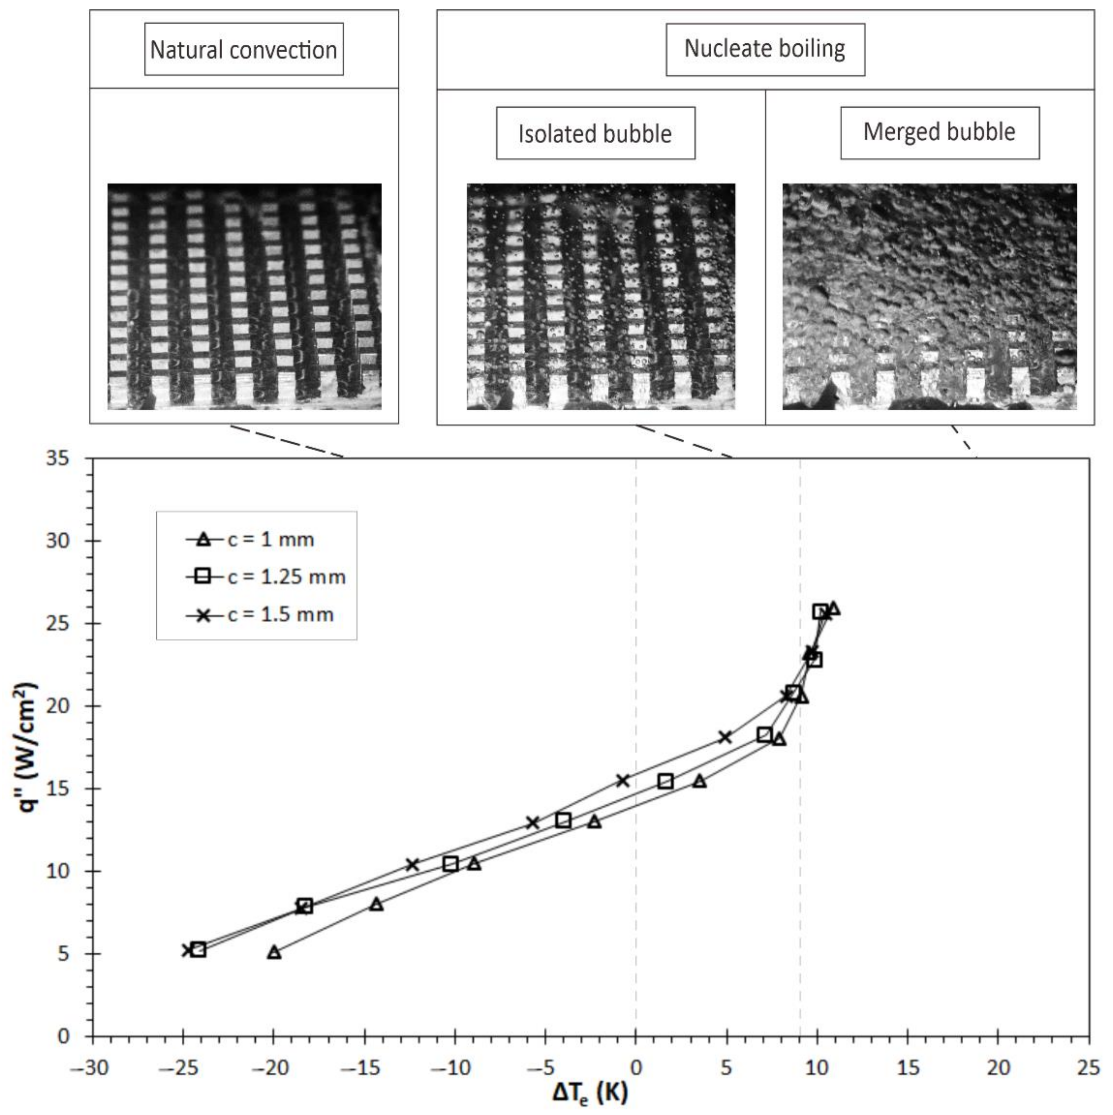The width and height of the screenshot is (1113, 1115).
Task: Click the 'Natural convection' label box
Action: click(244, 50)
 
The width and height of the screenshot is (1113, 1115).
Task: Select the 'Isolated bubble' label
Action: click(595, 133)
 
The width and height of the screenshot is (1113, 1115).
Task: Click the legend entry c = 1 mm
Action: click(270, 540)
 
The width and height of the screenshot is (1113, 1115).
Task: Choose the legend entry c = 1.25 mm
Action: click(286, 577)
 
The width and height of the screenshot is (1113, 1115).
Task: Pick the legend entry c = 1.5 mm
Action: click(280, 614)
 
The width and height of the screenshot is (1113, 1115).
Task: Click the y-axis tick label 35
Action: click(57, 459)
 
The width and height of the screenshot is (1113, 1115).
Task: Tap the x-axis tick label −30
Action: click(90, 1068)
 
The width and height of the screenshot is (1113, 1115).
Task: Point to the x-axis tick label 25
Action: click(1088, 1068)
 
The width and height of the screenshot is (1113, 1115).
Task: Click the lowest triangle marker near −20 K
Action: click(274, 952)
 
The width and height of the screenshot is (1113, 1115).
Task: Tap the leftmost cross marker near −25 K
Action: click(187, 949)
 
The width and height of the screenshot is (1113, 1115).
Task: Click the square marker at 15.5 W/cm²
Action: click(665, 781)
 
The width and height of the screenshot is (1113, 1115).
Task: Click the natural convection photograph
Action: click(244, 297)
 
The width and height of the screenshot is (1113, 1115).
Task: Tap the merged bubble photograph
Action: click(929, 297)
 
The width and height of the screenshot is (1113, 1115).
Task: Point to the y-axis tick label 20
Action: click(57, 706)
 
